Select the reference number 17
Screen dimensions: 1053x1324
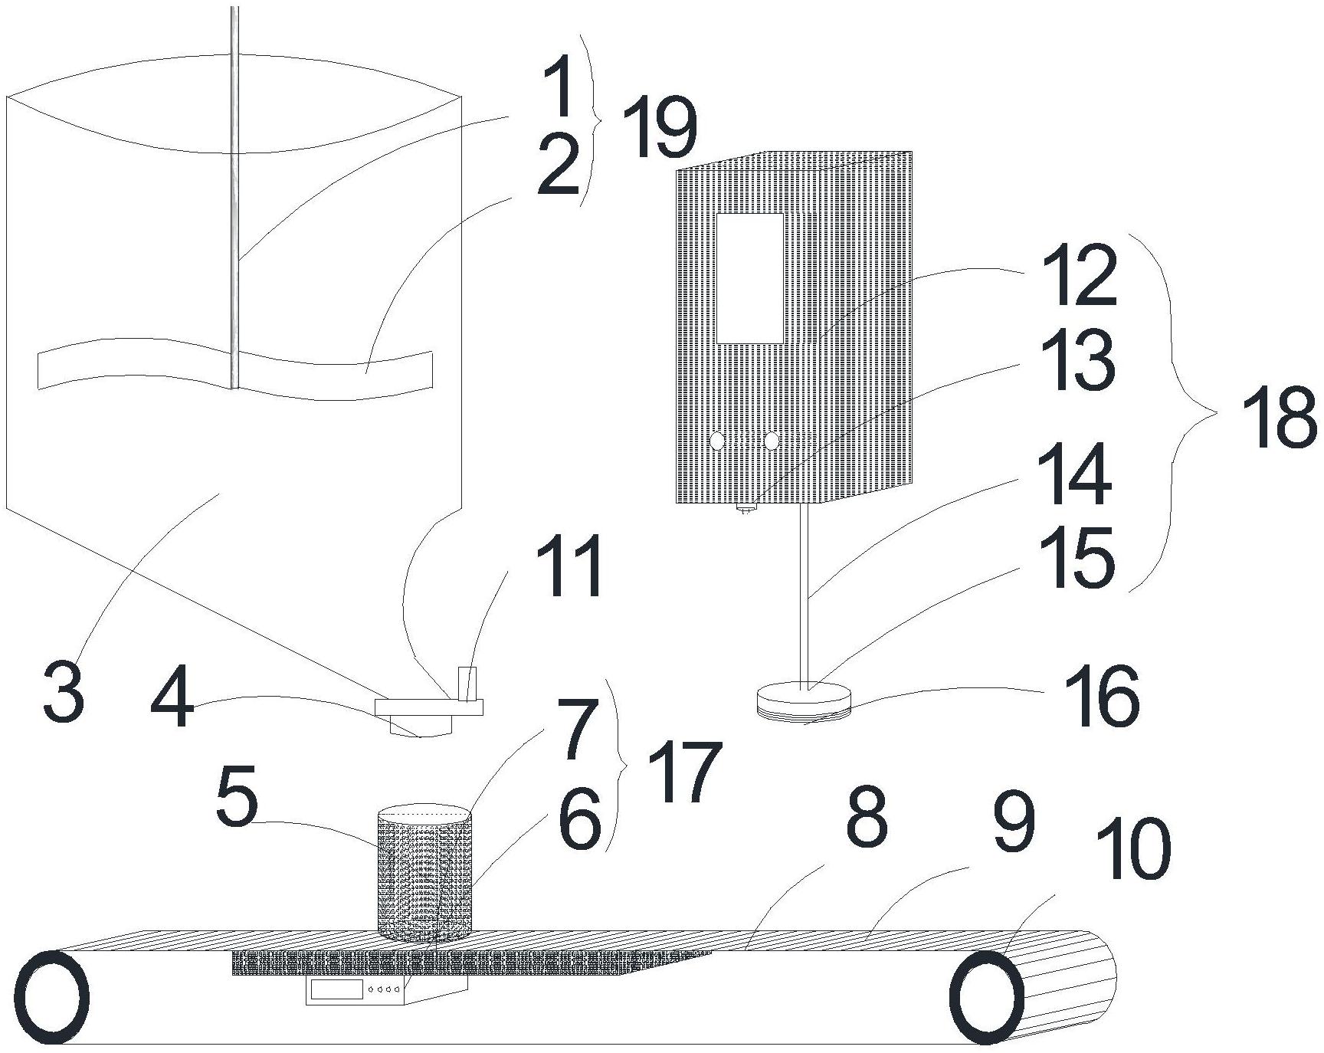[684, 774]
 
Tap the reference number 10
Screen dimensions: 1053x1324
[1133, 848]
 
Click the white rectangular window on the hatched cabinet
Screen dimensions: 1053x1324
[749, 278]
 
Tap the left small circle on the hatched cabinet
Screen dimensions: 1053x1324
[717, 441]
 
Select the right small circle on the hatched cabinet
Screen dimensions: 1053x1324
[771, 441]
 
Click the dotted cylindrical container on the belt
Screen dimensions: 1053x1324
[424, 874]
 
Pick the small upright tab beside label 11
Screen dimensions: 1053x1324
[467, 684]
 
